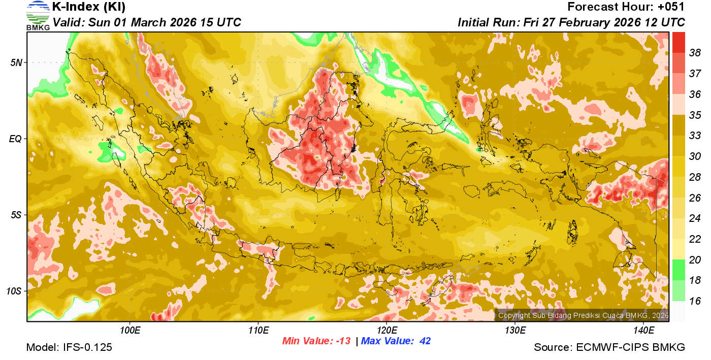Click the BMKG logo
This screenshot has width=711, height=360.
[x=38, y=16]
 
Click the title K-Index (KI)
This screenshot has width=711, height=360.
[x=89, y=7]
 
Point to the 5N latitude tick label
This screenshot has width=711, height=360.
[x=17, y=62]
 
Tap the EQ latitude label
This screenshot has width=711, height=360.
[x=16, y=139]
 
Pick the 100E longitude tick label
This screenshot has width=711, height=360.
[x=130, y=331]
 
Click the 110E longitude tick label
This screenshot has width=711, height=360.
[x=258, y=331]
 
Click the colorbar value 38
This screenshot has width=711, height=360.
[x=695, y=52]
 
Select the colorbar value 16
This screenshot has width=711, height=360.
[x=695, y=301]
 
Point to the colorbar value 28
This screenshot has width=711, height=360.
[x=695, y=177]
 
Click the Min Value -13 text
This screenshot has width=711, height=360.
[x=316, y=341]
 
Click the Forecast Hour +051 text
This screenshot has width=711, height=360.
[x=626, y=7]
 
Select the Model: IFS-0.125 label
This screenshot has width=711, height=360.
[x=69, y=348]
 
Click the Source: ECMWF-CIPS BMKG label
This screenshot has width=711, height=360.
[x=609, y=348]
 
